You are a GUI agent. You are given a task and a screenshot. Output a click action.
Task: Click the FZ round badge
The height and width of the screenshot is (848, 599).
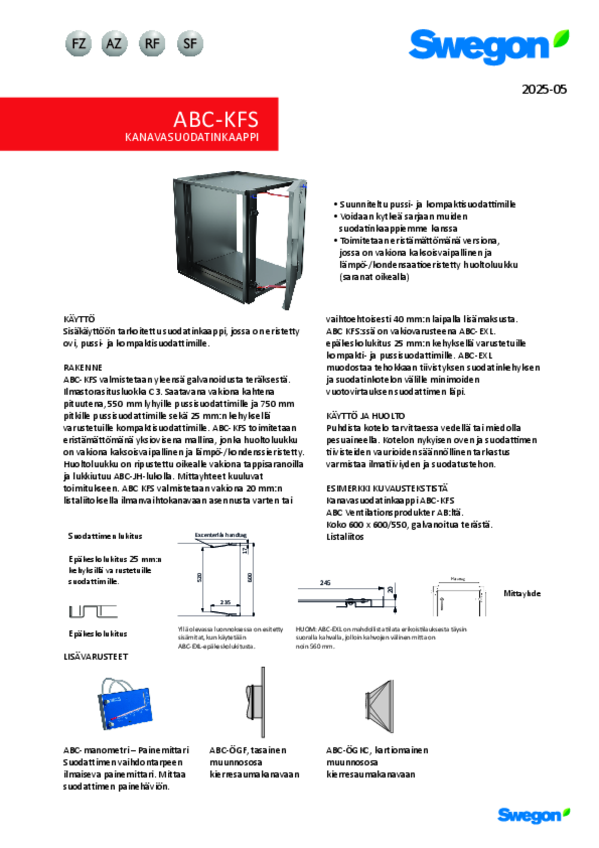[x=78, y=44]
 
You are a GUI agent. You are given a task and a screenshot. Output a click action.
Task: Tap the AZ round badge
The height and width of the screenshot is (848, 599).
[x=114, y=44]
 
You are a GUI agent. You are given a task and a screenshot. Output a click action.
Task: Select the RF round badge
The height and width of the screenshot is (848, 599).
[x=152, y=44]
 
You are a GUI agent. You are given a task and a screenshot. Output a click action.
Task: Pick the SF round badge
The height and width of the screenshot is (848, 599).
[x=190, y=44]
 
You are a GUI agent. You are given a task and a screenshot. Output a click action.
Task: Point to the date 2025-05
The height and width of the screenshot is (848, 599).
[x=544, y=90]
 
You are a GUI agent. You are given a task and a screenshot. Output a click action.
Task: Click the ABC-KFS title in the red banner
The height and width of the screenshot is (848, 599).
[x=216, y=119]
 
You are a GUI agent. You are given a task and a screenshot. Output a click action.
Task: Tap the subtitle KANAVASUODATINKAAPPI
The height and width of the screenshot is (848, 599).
[x=192, y=137]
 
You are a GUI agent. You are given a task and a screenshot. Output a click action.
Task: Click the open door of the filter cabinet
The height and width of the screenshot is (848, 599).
[x=294, y=243]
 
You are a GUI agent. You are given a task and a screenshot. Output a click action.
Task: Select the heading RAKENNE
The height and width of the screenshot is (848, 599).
[x=83, y=367]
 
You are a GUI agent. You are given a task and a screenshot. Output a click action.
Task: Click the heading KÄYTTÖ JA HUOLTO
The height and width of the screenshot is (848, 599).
[x=365, y=416]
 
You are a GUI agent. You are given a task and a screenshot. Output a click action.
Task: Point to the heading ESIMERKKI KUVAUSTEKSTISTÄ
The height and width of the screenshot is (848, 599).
[x=387, y=488]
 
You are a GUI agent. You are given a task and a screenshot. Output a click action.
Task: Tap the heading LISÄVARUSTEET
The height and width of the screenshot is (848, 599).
[x=96, y=657]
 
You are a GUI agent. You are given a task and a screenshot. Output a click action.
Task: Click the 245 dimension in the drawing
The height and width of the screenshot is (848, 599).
[x=325, y=583]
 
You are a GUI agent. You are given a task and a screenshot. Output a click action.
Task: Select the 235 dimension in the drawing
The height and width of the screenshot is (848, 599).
[x=225, y=602]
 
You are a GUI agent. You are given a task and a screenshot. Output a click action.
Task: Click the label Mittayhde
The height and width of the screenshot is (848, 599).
[x=522, y=593]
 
